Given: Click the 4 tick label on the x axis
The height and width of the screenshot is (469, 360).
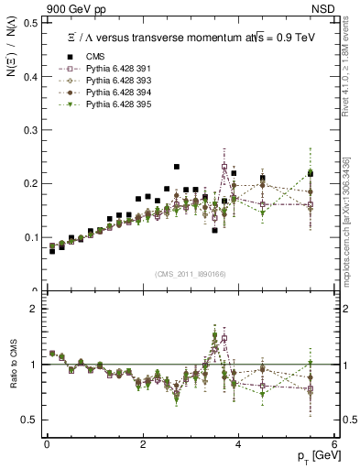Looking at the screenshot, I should tap(238, 443).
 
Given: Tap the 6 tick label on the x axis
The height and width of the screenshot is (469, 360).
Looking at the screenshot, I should tap(334, 443).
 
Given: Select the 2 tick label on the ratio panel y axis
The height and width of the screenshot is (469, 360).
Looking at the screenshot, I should tap(33, 309).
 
